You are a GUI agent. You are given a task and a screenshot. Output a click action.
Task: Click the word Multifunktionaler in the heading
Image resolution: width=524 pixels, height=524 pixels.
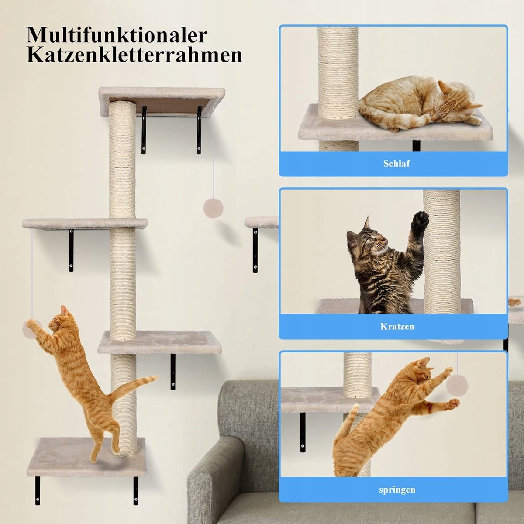[117, 35]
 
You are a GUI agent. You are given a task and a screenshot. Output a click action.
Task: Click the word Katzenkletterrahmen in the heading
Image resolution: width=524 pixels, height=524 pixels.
[134, 56]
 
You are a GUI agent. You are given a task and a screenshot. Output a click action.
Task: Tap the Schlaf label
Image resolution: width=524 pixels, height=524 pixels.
[396, 163]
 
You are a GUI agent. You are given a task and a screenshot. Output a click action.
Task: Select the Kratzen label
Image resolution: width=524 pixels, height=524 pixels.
[397, 326]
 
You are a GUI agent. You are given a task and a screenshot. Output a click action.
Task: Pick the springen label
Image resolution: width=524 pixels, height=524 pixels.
[397, 483]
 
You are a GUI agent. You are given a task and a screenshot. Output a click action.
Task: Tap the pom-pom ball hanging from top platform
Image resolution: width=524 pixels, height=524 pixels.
[213, 208]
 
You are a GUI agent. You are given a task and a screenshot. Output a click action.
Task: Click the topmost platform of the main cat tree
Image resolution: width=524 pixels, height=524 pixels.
[162, 100]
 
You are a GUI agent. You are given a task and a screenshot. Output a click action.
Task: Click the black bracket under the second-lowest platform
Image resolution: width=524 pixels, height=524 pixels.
[172, 372]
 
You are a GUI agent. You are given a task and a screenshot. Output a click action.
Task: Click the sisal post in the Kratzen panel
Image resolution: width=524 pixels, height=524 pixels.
[441, 251]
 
